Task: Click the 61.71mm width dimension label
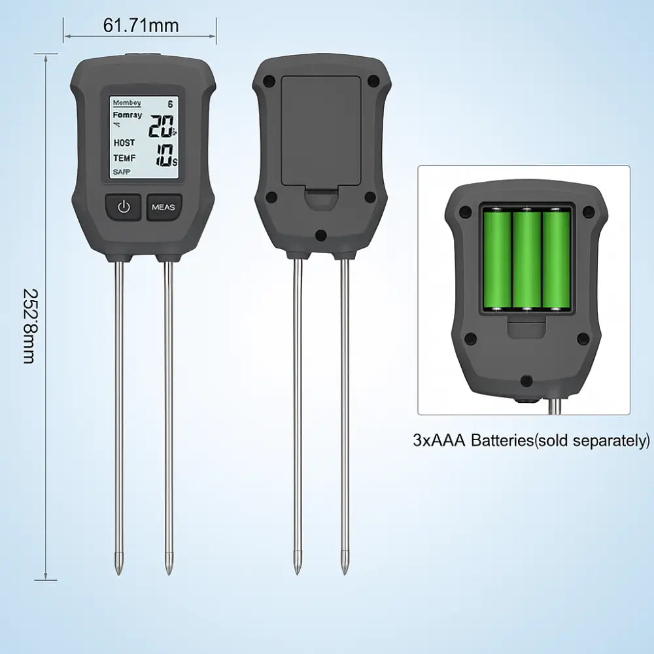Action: [141, 26]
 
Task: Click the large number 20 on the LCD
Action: [160, 126]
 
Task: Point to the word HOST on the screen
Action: [124, 142]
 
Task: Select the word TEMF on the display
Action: [124, 158]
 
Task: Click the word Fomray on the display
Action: [127, 115]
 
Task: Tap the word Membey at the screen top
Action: [127, 103]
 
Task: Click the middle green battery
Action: [526, 259]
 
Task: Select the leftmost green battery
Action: [497, 259]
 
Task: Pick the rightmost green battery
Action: [556, 259]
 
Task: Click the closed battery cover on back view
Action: [320, 131]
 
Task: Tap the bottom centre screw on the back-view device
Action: [320, 235]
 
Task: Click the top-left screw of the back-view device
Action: [268, 82]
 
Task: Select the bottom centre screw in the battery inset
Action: [525, 380]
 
